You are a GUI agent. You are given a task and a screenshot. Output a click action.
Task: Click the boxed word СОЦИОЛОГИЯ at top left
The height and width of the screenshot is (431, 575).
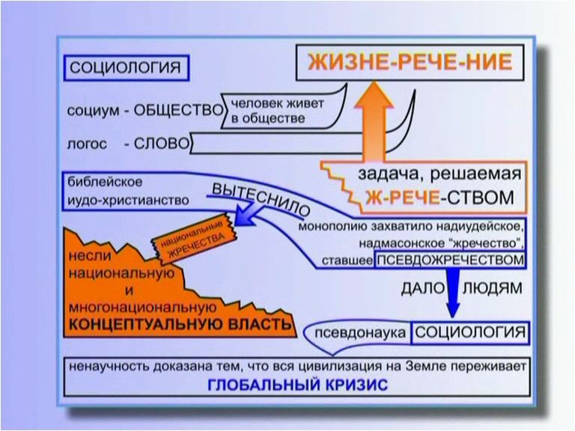[x=127, y=68]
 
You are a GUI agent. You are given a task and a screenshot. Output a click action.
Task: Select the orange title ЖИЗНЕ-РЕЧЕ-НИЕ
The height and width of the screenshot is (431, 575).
[x=410, y=62]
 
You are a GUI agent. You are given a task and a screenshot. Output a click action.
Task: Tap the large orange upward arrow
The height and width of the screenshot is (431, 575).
[x=374, y=122]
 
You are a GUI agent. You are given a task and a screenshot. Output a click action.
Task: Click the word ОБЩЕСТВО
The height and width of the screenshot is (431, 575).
[x=178, y=110]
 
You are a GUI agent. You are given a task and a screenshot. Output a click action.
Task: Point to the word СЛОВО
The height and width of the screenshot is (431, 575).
[x=162, y=144]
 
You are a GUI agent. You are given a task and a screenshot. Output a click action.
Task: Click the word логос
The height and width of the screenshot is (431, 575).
[x=87, y=144]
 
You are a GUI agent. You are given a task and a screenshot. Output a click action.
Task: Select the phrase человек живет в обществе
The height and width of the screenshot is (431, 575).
[x=277, y=111]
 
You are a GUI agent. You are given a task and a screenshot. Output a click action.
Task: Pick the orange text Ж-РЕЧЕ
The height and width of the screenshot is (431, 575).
[x=403, y=198]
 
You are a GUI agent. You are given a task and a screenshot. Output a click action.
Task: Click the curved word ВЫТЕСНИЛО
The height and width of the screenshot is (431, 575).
[x=261, y=200]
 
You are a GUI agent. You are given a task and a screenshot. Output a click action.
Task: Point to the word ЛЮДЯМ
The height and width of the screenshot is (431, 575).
[x=493, y=288]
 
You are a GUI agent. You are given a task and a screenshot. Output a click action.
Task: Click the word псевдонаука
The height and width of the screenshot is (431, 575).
[x=360, y=333]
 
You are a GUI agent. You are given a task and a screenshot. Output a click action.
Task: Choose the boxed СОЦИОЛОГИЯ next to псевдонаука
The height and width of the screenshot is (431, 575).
[x=470, y=333]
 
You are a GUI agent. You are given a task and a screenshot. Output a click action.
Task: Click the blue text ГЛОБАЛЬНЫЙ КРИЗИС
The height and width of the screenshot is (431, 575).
[x=297, y=385]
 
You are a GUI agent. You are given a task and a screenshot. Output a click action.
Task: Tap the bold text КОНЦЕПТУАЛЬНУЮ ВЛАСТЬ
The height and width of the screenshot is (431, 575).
[x=180, y=324]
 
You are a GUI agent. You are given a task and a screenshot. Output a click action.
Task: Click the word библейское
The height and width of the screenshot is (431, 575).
[x=105, y=182]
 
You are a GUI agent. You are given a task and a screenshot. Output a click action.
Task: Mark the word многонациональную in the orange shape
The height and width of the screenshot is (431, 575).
[x=143, y=308]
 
